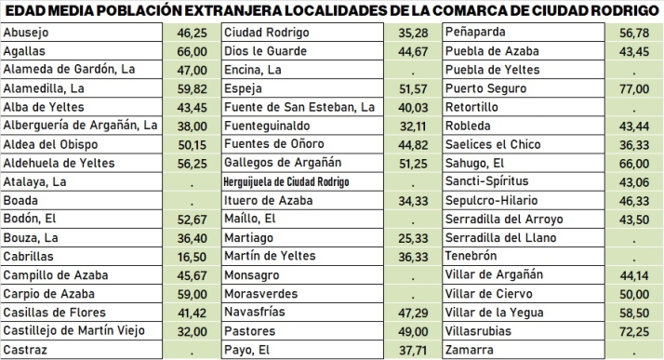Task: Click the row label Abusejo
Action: pyautogui.click(x=26, y=33)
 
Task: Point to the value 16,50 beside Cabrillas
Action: pyautogui.click(x=192, y=256)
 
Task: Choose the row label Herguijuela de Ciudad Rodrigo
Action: pyautogui.click(x=287, y=181)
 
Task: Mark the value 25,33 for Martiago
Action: pyautogui.click(x=411, y=238)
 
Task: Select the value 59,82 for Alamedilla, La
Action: pyautogui.click(x=192, y=88)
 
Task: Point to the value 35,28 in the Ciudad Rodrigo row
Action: pyautogui.click(x=411, y=33)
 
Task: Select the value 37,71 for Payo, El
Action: pyautogui.click(x=411, y=350)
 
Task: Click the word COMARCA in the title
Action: pyautogui.click(x=471, y=11)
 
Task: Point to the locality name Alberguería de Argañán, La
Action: pyautogui.click(x=81, y=126)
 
